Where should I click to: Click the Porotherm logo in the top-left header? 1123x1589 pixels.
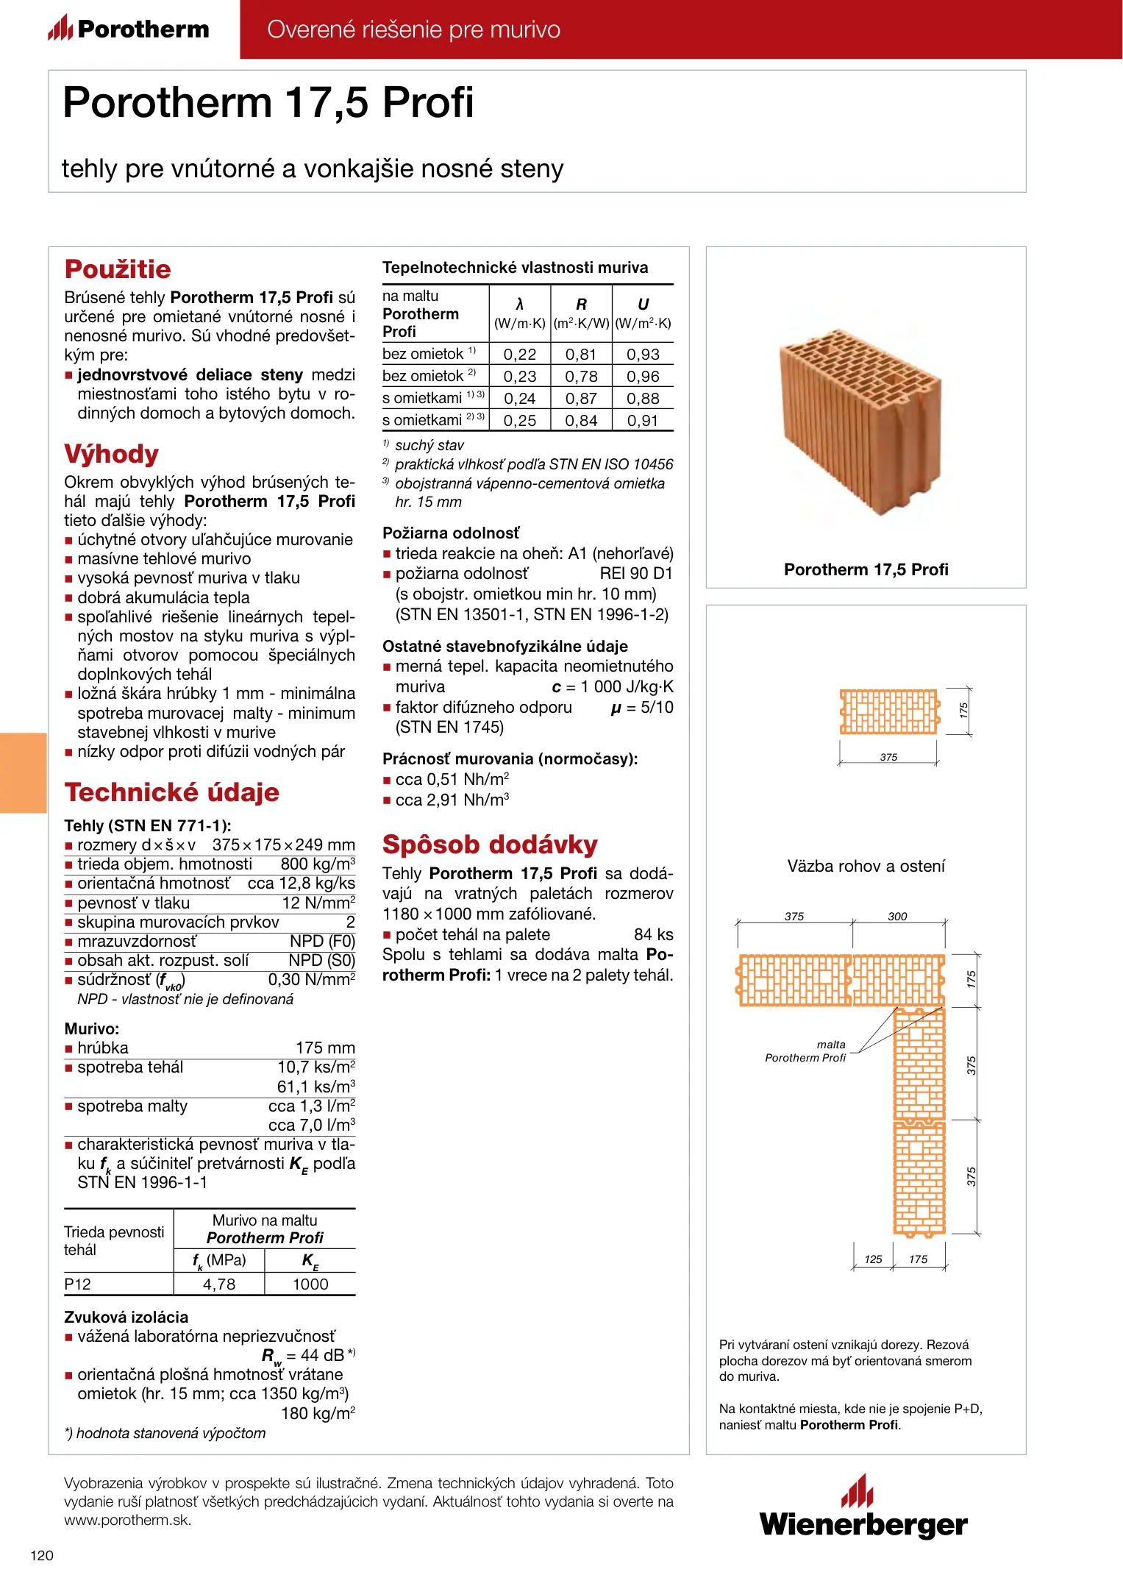129,29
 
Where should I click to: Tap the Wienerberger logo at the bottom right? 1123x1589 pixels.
863,1508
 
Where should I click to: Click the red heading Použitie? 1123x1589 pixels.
118,269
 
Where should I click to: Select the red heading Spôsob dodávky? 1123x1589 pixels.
490,845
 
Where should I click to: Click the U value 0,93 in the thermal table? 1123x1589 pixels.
643,355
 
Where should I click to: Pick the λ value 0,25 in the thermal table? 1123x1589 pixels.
519,421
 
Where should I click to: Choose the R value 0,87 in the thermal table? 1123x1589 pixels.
581,399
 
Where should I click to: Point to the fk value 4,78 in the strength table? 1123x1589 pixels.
219,1284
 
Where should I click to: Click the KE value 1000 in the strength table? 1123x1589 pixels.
310,1284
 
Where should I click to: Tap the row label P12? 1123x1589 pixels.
77,1284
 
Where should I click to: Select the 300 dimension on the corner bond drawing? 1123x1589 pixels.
897,917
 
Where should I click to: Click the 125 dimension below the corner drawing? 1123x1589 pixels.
873,1259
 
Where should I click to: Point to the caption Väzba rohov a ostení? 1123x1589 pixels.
866,867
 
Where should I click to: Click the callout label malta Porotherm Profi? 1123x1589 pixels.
806,1051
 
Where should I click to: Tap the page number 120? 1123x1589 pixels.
42,1555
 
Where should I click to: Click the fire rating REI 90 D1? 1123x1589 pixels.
636,574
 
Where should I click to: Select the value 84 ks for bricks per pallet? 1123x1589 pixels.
653,935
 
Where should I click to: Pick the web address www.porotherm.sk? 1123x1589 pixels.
127,1521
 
